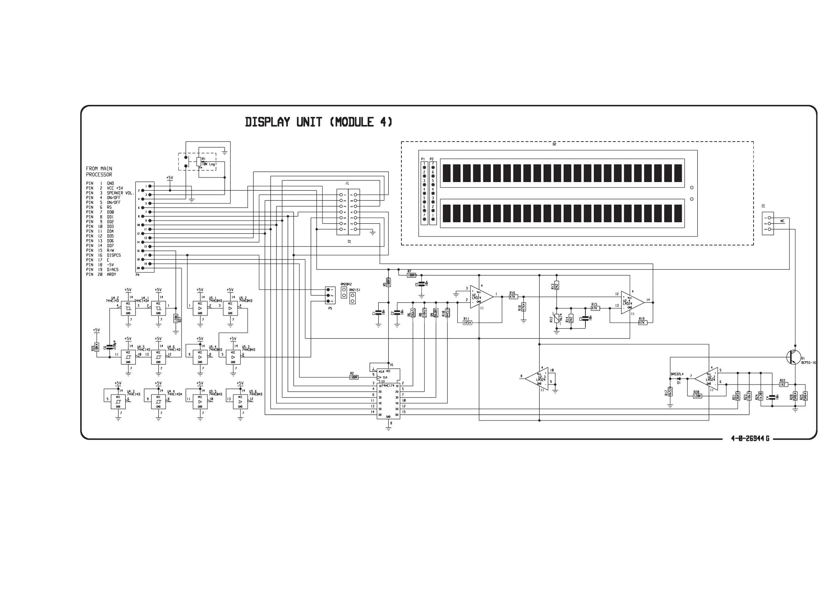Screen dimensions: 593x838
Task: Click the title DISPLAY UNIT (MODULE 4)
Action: (318, 122)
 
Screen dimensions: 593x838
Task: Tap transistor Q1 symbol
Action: (793, 357)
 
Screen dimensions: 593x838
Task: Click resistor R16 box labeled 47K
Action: (513, 297)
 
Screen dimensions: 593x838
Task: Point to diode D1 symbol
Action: (679, 379)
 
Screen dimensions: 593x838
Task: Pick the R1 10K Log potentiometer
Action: (198, 162)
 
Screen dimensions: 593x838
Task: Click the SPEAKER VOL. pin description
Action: (120, 193)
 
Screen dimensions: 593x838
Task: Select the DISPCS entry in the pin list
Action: (114, 255)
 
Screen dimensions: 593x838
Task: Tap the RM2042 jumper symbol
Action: (344, 292)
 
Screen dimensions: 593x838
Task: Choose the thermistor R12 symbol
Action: (557, 319)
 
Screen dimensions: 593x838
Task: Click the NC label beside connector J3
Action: (782, 221)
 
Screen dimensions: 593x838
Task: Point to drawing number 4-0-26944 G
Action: (750, 438)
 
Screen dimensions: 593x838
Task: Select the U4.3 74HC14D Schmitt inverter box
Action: (118, 401)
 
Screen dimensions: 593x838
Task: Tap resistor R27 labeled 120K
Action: (176, 318)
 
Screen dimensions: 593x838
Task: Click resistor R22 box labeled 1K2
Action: (783, 385)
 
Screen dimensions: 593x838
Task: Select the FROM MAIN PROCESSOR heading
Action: (99, 171)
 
